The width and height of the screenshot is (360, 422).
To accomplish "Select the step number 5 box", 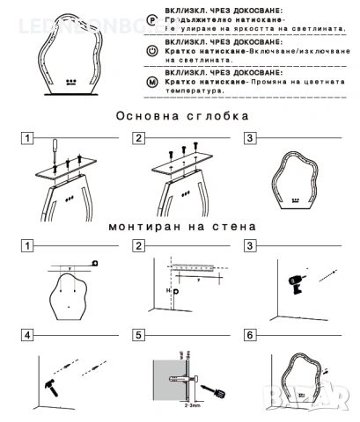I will pos(139,335).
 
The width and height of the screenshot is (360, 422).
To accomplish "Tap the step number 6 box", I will pos(250,335).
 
